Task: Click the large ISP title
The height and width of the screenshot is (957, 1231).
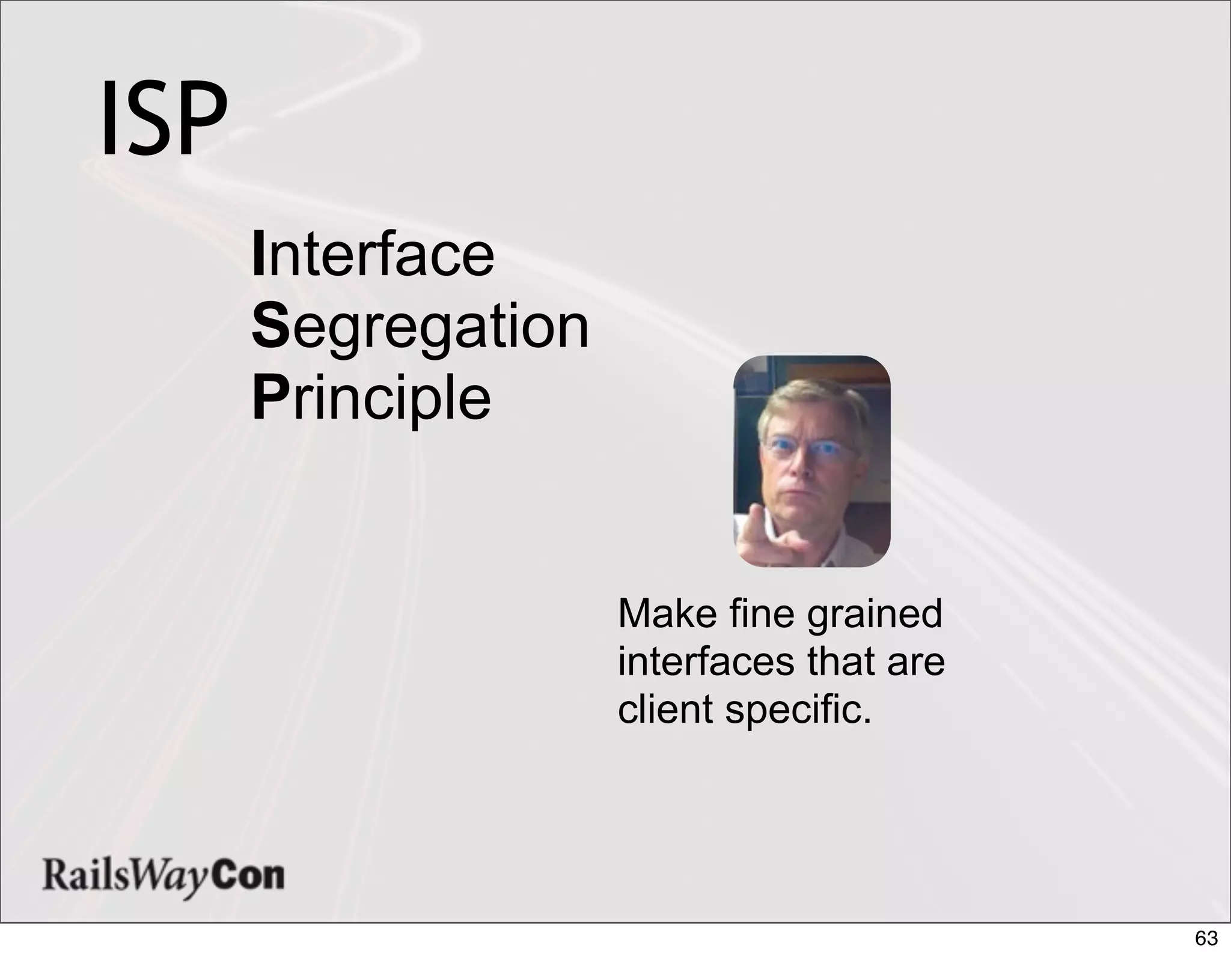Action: point(163,118)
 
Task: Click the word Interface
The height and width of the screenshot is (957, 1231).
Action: point(373,255)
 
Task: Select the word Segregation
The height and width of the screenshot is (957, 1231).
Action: point(420,327)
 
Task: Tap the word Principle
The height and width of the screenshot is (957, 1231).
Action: point(371,399)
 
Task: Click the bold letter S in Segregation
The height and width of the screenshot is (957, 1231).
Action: point(271,327)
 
